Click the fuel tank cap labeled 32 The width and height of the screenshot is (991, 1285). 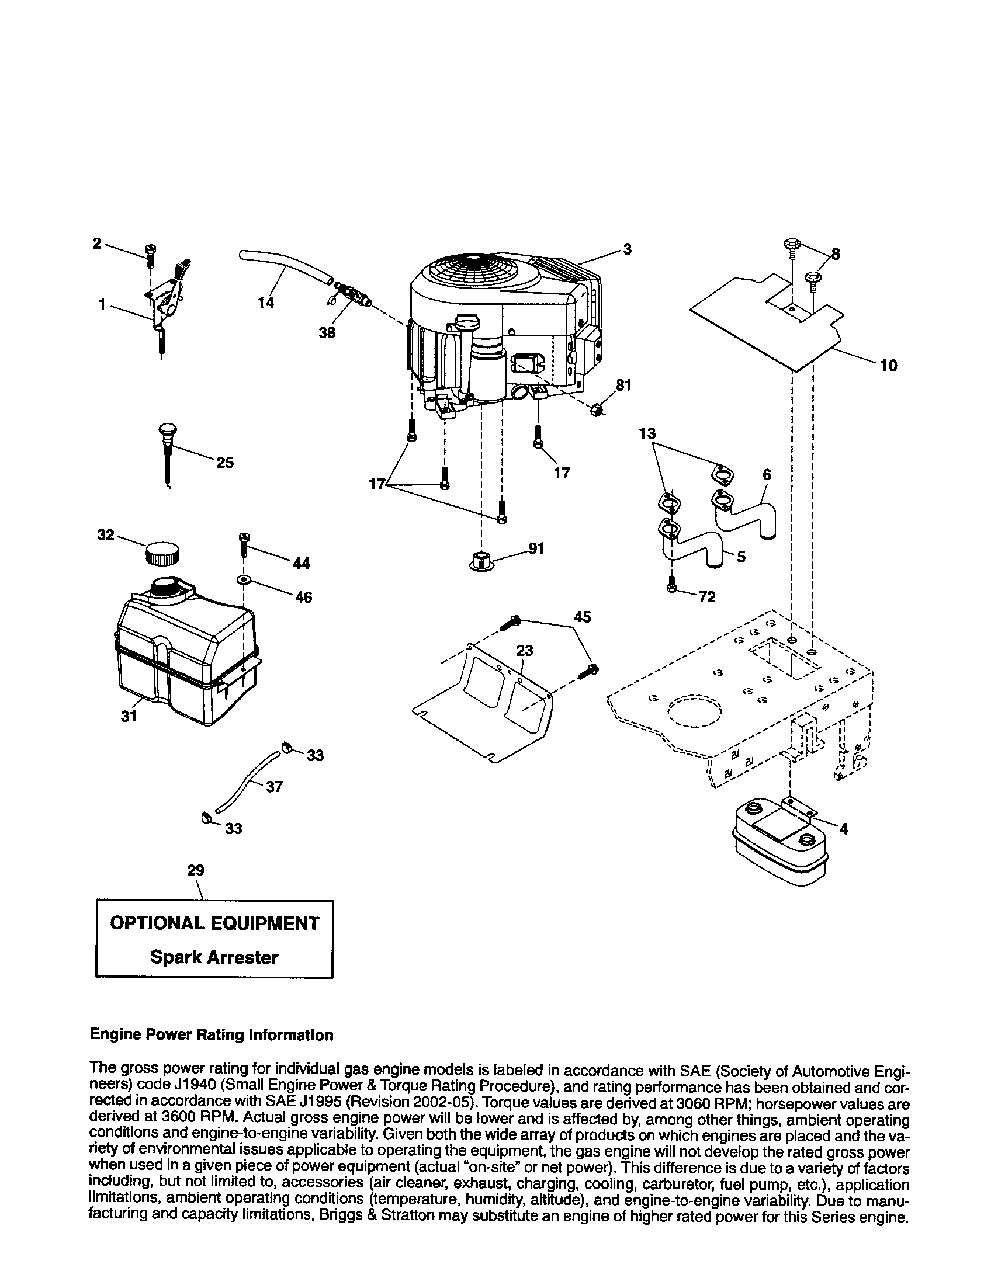[x=162, y=554]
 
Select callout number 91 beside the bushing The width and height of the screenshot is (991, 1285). [x=536, y=548]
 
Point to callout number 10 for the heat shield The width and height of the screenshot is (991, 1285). [x=888, y=366]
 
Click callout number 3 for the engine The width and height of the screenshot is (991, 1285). [x=628, y=249]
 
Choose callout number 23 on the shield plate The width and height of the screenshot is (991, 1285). [x=524, y=651]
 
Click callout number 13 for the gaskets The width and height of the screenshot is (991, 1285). [x=647, y=433]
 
